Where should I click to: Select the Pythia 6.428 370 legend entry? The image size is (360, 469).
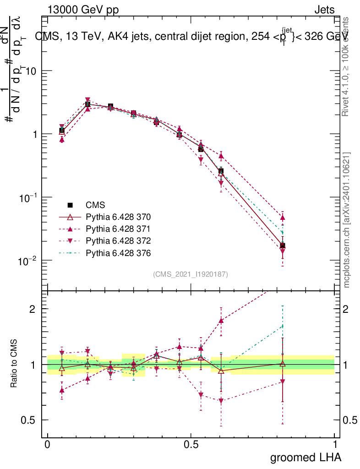(x=118, y=217)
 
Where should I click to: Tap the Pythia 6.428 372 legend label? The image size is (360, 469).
(x=118, y=241)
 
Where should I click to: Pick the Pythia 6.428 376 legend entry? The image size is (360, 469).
(x=118, y=253)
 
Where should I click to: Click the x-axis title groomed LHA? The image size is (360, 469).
(x=305, y=457)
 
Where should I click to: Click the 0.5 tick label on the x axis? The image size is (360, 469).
(x=191, y=444)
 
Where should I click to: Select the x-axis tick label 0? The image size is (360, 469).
(x=47, y=444)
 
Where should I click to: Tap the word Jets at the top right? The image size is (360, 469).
(x=324, y=10)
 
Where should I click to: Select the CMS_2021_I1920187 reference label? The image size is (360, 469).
(x=191, y=274)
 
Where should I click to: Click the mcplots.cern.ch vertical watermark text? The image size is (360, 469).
(x=347, y=220)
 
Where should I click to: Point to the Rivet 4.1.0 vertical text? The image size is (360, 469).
(x=347, y=66)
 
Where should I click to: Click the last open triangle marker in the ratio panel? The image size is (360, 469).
(x=283, y=364)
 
